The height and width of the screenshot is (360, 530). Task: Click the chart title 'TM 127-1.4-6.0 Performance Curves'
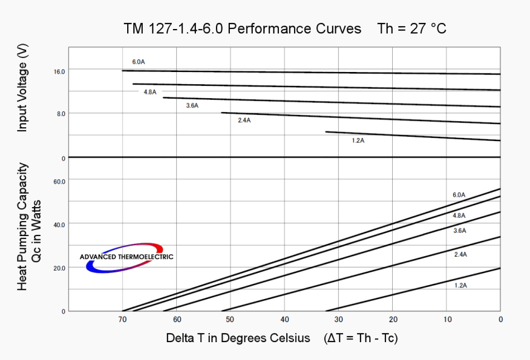point(243,29)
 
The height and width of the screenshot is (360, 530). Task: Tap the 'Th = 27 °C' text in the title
point(412,29)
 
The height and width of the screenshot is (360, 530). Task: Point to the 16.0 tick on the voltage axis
point(60,71)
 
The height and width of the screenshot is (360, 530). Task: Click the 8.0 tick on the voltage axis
point(60,113)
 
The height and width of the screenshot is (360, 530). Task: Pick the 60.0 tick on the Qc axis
point(59,181)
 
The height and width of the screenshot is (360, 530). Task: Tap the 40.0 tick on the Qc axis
point(59,224)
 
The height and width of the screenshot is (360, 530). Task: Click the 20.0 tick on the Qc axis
point(59,268)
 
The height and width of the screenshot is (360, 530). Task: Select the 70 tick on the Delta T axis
point(123,319)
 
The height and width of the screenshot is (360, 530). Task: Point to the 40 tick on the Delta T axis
point(285,319)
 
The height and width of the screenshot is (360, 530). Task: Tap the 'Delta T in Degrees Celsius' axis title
point(238,338)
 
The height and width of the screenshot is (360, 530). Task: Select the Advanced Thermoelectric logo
point(126,257)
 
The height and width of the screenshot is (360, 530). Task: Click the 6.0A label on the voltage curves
point(138,61)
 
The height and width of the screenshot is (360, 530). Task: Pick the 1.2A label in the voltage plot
point(358,141)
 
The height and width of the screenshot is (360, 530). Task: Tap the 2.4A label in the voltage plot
point(244,121)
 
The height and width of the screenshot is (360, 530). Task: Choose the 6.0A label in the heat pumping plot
point(459,195)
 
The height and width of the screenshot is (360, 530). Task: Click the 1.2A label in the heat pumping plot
point(460,285)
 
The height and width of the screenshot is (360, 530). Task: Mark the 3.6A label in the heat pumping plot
point(460,231)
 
